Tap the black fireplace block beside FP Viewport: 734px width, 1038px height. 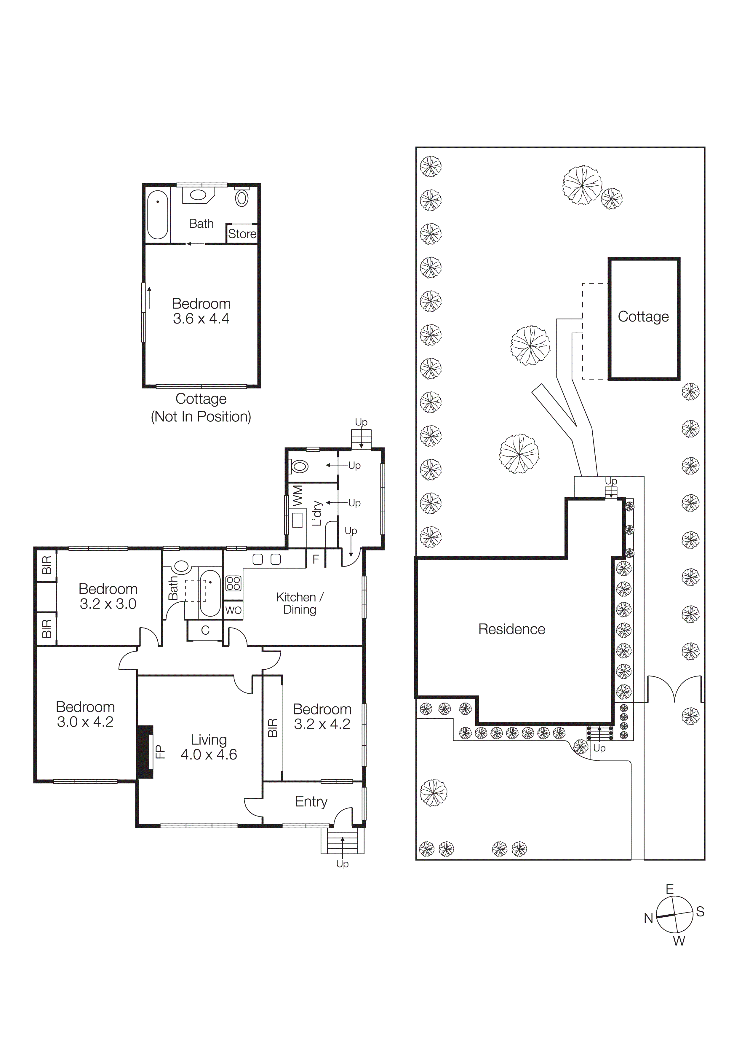pyautogui.click(x=145, y=752)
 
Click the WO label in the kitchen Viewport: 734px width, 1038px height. pyautogui.click(x=233, y=610)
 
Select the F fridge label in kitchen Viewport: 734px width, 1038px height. pyautogui.click(x=316, y=559)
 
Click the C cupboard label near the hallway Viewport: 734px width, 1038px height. pyautogui.click(x=205, y=631)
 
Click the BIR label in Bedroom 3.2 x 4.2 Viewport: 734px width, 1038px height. pyautogui.click(x=273, y=728)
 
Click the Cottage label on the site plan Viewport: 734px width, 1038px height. pyautogui.click(x=643, y=317)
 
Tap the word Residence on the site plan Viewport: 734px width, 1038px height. pyautogui.click(x=512, y=629)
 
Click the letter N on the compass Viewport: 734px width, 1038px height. pyautogui.click(x=649, y=918)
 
